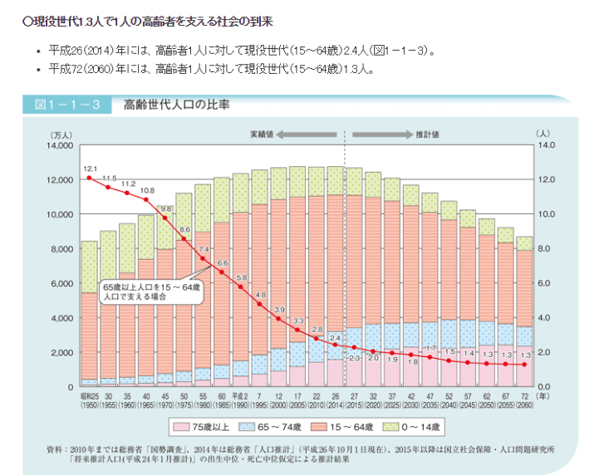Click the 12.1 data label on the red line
click(91, 168)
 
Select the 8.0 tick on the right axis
click(545, 248)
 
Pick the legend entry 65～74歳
click(280, 428)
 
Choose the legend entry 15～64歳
click(356, 428)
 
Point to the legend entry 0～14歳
click(429, 428)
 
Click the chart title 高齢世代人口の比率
click(176, 105)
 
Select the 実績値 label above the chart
click(263, 133)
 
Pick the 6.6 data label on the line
click(223, 263)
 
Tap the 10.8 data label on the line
click(147, 190)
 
